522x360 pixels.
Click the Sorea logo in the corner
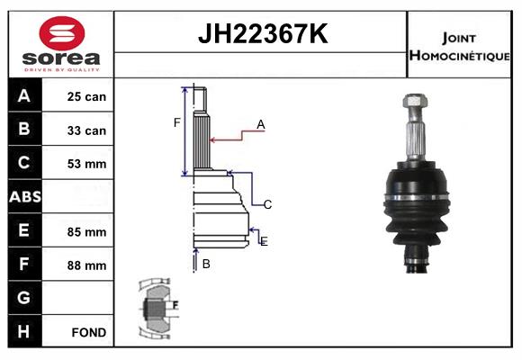(61, 44)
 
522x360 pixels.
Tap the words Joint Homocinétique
(461, 45)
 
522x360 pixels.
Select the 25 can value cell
(86, 96)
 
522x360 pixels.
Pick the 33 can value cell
(86, 130)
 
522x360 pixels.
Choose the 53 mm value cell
(86, 164)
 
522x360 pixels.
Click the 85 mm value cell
(86, 231)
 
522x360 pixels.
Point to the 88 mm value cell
(86, 265)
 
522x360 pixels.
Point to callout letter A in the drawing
(260, 125)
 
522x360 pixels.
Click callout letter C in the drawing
(267, 204)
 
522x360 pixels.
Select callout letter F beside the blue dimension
(177, 122)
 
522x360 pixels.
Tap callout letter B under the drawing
(206, 264)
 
